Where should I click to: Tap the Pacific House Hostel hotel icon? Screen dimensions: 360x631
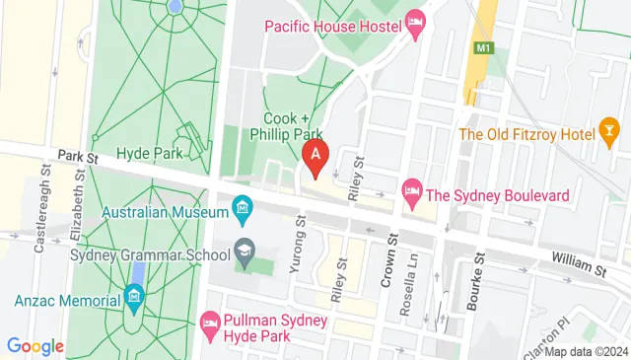point(415,23)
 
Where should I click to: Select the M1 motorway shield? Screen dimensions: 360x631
point(483,48)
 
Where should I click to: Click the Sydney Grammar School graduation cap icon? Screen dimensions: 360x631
point(243,254)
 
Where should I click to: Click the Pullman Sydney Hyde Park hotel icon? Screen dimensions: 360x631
point(210,323)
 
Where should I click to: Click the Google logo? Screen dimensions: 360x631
point(35,346)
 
